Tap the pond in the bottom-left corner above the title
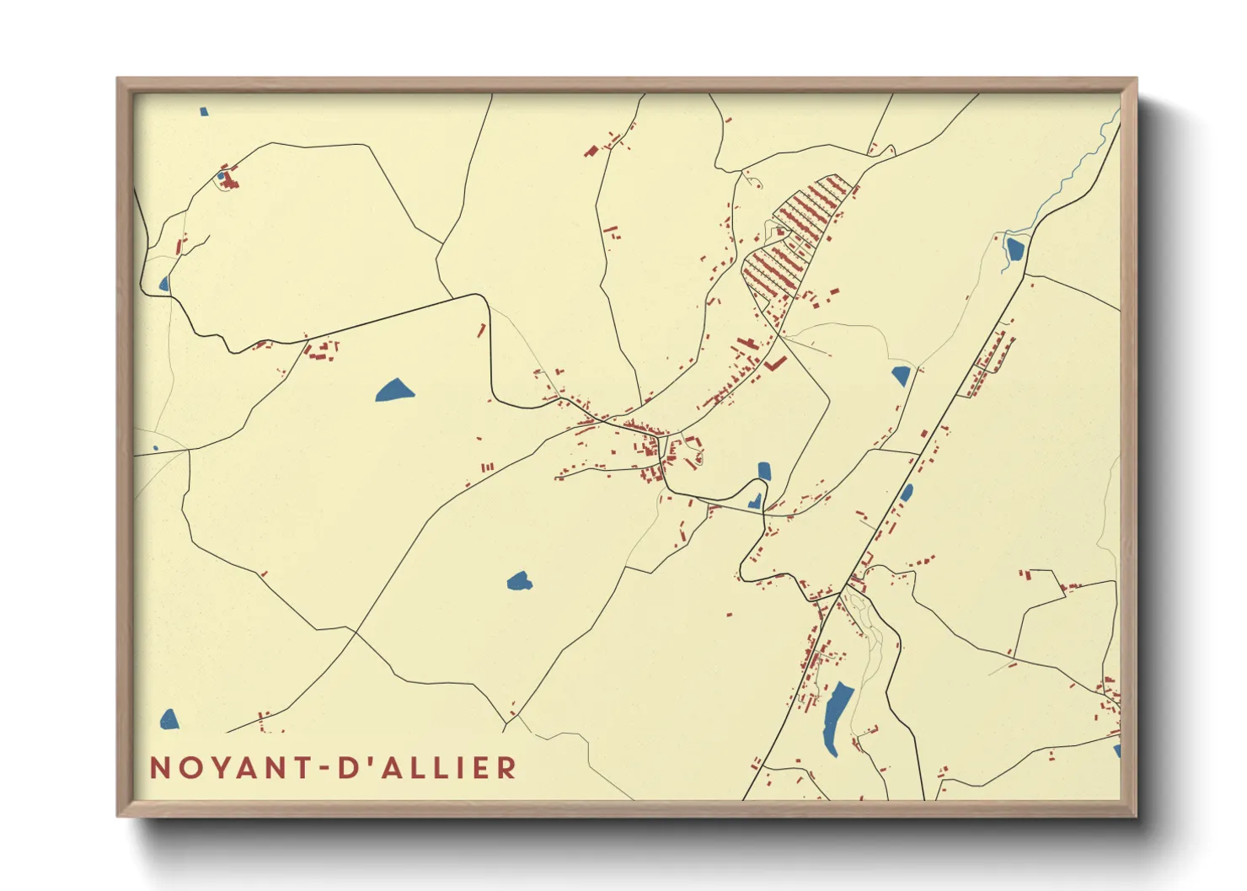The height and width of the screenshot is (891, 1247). click(x=169, y=719)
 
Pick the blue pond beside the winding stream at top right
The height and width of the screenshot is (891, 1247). click(x=1014, y=248)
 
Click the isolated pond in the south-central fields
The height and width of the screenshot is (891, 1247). click(x=519, y=581)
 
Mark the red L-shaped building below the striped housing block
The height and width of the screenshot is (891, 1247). click(x=776, y=364)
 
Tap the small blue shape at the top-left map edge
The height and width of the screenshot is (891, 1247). click(x=204, y=111)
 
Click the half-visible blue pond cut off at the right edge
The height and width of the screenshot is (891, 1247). click(x=1117, y=750)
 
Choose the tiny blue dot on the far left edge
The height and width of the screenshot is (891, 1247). click(x=156, y=448)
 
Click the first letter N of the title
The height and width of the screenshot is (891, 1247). click(x=160, y=768)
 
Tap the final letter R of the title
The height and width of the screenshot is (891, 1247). click(x=507, y=768)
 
